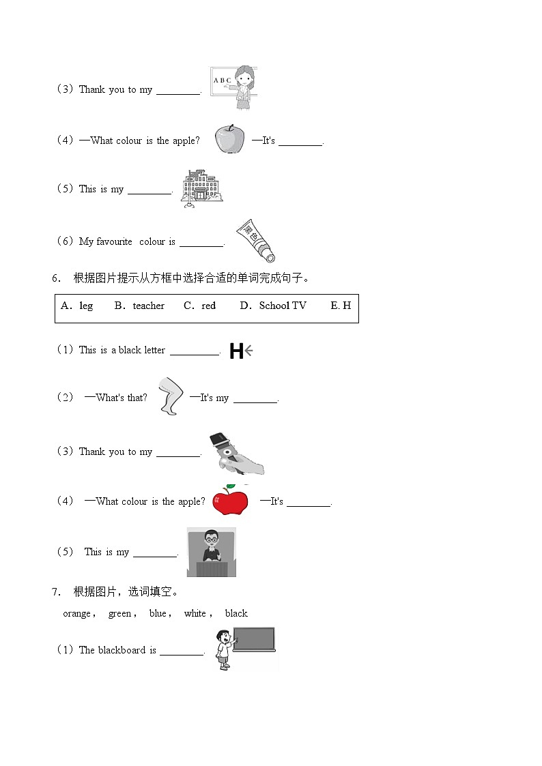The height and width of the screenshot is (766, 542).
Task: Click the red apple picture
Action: [x=230, y=501]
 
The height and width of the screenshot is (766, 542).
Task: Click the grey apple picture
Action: [x=229, y=140]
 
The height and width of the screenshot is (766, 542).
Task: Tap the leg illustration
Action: [x=169, y=396]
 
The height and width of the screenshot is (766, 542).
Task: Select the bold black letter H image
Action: [x=236, y=351]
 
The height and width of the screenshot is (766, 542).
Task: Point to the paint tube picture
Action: [x=255, y=241]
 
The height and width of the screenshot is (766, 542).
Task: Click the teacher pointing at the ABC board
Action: [x=243, y=87]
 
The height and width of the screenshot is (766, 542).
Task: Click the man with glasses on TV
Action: [x=211, y=551]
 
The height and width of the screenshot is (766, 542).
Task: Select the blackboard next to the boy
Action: [x=253, y=639]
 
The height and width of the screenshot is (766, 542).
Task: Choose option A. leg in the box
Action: [x=77, y=306]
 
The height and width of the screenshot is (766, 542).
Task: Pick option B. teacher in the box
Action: [x=140, y=306]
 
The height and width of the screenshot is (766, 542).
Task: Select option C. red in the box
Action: [x=200, y=306]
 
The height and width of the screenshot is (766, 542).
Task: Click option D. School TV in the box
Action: [x=273, y=306]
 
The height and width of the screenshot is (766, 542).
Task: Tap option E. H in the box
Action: [x=341, y=306]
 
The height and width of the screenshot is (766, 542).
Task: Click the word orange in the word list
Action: [x=76, y=613]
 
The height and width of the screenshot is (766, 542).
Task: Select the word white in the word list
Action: [x=195, y=613]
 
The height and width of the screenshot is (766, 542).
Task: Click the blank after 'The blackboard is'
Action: [x=182, y=651]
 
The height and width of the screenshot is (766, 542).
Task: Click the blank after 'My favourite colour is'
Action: [x=201, y=243]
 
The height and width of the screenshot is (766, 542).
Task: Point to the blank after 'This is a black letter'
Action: [x=195, y=351]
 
